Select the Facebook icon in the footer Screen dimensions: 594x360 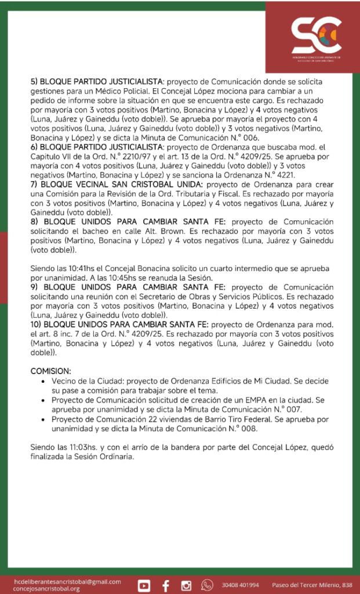[166, 584]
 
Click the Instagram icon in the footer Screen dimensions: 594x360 [186, 584]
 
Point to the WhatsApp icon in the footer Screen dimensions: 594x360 [207, 584]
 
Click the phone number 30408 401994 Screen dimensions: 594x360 [240, 585]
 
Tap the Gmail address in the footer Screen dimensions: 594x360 [67, 581]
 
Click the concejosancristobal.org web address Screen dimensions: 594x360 [46, 588]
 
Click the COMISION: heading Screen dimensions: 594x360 [50, 371]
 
